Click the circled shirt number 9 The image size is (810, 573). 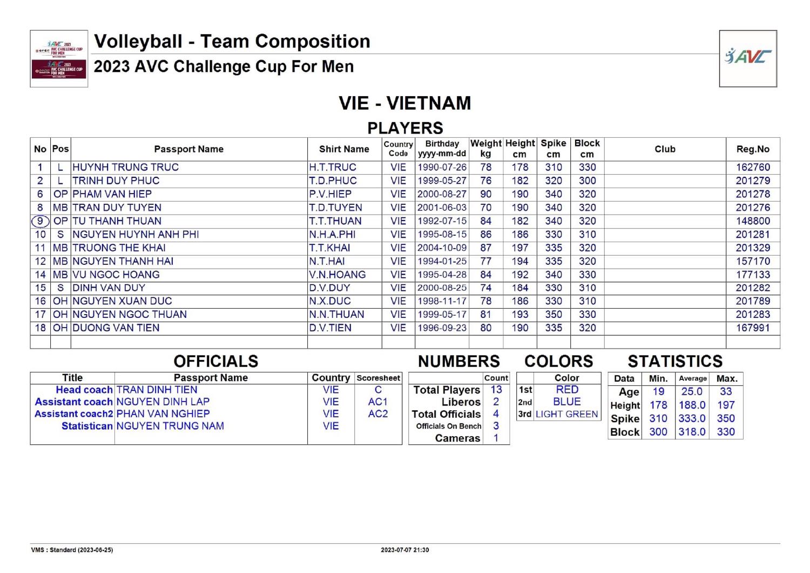(x=40, y=221)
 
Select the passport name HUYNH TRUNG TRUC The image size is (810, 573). (x=125, y=168)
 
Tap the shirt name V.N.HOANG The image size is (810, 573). (x=337, y=275)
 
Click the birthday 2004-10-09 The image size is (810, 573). (x=442, y=248)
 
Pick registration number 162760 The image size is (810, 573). (x=753, y=168)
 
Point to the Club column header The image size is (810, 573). (x=665, y=149)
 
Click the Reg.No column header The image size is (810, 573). (x=753, y=149)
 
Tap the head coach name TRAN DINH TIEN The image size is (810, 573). (x=157, y=390)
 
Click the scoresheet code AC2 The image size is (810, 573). (x=378, y=414)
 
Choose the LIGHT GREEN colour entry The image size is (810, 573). (x=566, y=414)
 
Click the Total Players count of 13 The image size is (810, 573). (x=496, y=390)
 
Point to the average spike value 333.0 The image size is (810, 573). (x=692, y=418)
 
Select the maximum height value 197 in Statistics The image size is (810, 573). (x=726, y=405)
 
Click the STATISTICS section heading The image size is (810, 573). (x=675, y=361)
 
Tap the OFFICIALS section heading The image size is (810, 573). (x=216, y=361)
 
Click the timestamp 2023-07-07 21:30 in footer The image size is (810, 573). (x=405, y=550)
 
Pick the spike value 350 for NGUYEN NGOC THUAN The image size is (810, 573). (x=553, y=315)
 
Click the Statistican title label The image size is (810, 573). (x=87, y=426)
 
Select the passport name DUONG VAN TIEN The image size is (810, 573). (x=116, y=328)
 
